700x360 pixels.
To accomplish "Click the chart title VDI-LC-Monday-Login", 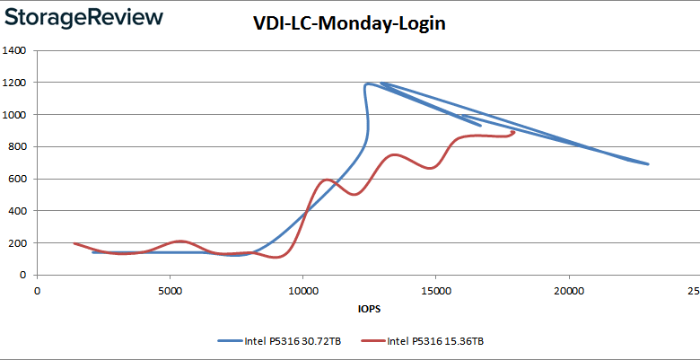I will pyautogui.click(x=348, y=24).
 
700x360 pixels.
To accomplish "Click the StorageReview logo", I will pyautogui.click(x=83, y=17).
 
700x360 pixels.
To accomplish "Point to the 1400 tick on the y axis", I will pyautogui.click(x=13, y=50).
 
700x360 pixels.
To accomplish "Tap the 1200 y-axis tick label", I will pyautogui.click(x=13, y=83).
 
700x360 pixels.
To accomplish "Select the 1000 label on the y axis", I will pyautogui.click(x=13, y=115).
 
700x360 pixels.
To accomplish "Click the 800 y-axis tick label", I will pyautogui.click(x=17, y=146).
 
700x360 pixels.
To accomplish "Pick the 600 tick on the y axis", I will pyautogui.click(x=17, y=179).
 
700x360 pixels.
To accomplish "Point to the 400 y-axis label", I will pyautogui.click(x=17, y=211).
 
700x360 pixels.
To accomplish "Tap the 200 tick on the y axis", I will pyautogui.click(x=17, y=243).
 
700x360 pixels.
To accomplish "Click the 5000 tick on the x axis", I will pyautogui.click(x=170, y=291).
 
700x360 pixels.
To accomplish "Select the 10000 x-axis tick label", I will pyautogui.click(x=302, y=291).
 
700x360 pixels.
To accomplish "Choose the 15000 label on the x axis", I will pyautogui.click(x=435, y=291).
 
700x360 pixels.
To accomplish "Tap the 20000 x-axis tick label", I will pyautogui.click(x=568, y=291).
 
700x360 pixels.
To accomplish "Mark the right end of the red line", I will pyautogui.click(x=514, y=132).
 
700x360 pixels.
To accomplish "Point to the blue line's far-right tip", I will pyautogui.click(x=648, y=164).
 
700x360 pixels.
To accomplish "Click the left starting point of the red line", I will pyautogui.click(x=74, y=243).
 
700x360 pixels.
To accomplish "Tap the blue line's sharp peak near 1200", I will pyautogui.click(x=367, y=84).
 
